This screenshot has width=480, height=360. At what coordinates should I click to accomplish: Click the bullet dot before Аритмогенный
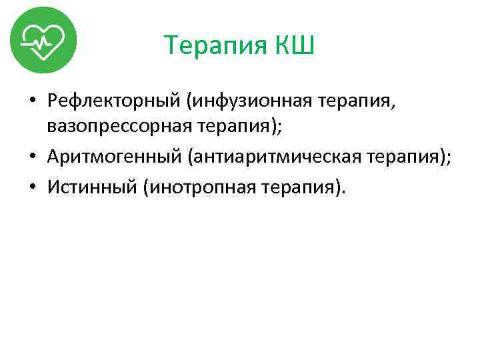click(33, 157)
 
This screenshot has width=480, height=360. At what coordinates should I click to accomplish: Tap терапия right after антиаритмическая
click(399, 157)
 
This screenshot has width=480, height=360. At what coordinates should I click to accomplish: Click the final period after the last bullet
click(344, 192)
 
